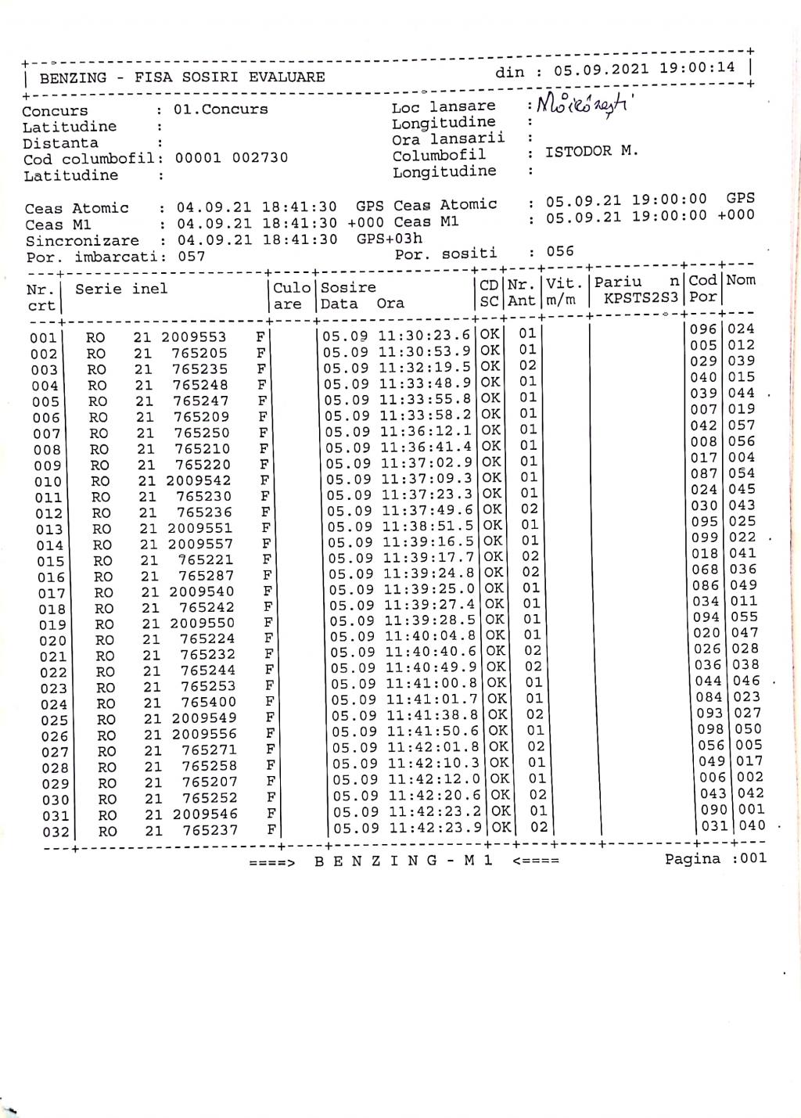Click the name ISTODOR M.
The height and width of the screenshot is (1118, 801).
591,151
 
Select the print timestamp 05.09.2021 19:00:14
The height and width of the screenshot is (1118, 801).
645,68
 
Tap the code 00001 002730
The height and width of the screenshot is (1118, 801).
232,157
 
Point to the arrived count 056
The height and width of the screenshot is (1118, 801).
560,251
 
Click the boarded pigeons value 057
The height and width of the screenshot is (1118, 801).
191,257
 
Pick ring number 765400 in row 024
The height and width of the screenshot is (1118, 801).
209,703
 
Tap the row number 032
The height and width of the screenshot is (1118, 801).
56,832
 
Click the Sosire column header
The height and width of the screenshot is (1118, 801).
349,287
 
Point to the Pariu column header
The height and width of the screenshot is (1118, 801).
618,282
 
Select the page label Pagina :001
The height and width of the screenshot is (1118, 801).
716,858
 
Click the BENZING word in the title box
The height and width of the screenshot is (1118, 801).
73,77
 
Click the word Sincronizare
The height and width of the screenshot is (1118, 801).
82,241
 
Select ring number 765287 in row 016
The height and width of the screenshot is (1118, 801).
207,576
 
